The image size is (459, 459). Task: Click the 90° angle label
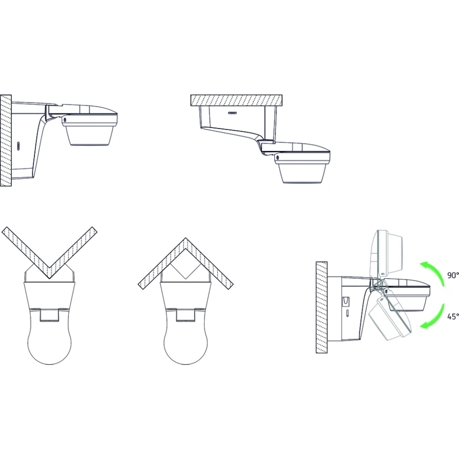point(453,275)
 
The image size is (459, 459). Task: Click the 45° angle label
point(453,316)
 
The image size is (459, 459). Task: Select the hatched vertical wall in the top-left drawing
point(6,140)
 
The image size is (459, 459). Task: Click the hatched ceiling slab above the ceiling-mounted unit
point(236,100)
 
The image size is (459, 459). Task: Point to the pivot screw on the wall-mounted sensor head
point(64,120)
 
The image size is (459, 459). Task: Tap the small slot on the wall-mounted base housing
point(18,146)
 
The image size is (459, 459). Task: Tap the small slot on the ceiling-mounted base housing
point(233,112)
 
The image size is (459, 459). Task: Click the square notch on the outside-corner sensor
point(49,314)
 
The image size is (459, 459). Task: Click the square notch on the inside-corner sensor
point(185,314)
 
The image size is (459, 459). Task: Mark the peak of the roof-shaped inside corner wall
point(185,238)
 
